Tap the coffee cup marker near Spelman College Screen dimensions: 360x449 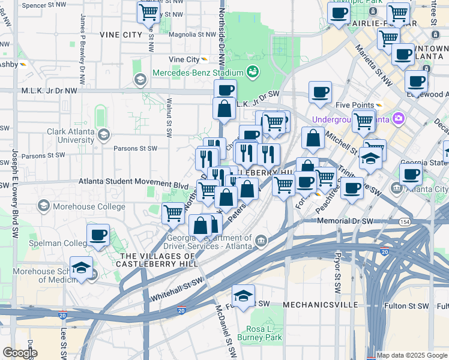click(98, 235)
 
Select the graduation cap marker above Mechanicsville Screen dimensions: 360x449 click(243, 296)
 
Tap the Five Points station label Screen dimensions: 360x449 click(355, 105)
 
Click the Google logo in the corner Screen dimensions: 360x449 click(20, 353)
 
